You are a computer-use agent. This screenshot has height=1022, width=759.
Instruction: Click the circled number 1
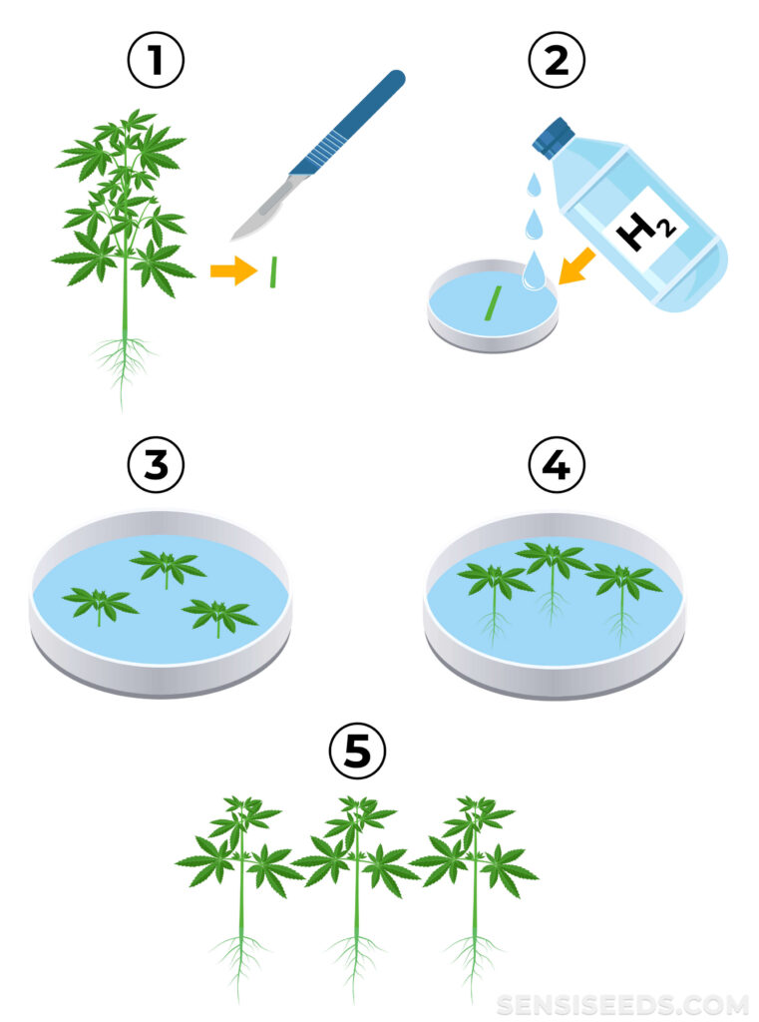156,60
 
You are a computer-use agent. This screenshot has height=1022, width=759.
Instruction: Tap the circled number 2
557,60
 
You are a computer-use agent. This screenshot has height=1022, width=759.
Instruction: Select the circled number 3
156,465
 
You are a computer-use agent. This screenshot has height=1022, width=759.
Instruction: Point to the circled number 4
557,465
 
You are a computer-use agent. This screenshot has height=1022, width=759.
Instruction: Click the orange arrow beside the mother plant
233,269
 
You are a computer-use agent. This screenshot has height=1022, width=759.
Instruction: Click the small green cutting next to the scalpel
273,271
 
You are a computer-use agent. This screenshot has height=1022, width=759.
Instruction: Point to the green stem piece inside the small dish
493,303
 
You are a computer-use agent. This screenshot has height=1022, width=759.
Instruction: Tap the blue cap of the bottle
553,136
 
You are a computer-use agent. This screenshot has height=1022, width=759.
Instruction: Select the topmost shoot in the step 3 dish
168,568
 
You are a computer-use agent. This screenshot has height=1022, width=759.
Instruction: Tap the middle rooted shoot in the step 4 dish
554,580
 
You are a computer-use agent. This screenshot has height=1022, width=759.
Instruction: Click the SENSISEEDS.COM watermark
622,1004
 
